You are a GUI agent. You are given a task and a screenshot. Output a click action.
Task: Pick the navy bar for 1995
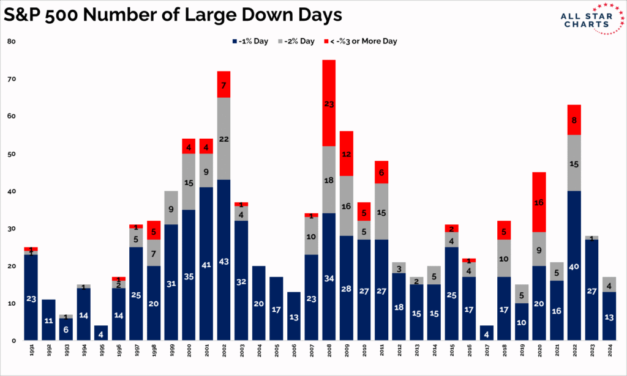point(102,333)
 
